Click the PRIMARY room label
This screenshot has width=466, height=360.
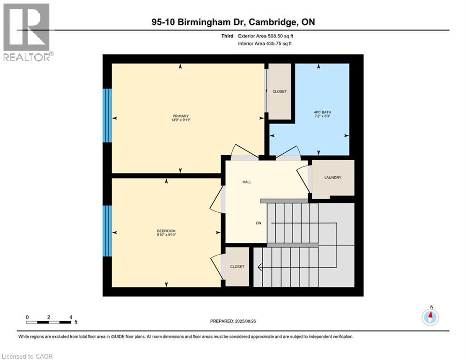point(180,116)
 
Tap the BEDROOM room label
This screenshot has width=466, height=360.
point(166,231)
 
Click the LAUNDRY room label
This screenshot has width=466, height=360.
point(333,178)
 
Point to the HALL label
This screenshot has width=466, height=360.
point(247,182)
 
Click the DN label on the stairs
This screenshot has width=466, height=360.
point(258,223)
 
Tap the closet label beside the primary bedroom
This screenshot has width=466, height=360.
point(280,91)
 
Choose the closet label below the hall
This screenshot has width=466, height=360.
point(237,267)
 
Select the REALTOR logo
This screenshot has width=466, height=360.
point(27,31)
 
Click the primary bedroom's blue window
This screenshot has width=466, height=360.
point(108,115)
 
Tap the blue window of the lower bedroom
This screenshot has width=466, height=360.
point(108,231)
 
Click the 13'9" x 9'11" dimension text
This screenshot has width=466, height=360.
point(180,120)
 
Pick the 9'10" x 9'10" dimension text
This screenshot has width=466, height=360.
point(166,235)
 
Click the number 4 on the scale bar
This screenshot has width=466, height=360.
point(70,317)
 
